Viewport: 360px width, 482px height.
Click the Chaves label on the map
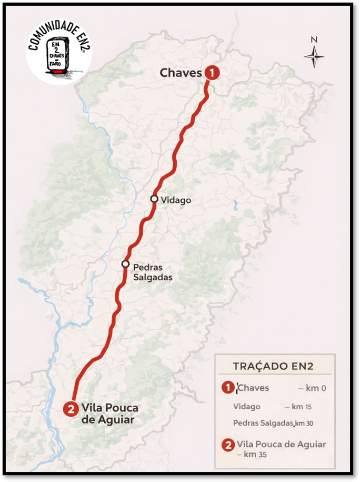point(181,73)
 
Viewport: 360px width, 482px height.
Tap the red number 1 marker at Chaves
point(211,73)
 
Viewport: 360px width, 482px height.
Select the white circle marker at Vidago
point(154,199)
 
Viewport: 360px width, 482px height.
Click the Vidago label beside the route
point(175,200)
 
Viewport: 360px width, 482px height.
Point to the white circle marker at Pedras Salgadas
point(125,264)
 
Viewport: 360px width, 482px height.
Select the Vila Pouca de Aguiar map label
point(109,414)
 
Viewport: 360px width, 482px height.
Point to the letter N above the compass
point(314,40)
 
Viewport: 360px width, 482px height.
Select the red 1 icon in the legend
point(227,388)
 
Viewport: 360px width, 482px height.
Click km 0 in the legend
point(316,388)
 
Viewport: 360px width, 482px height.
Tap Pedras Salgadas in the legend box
point(263,423)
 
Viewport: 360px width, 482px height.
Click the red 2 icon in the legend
point(227,445)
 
